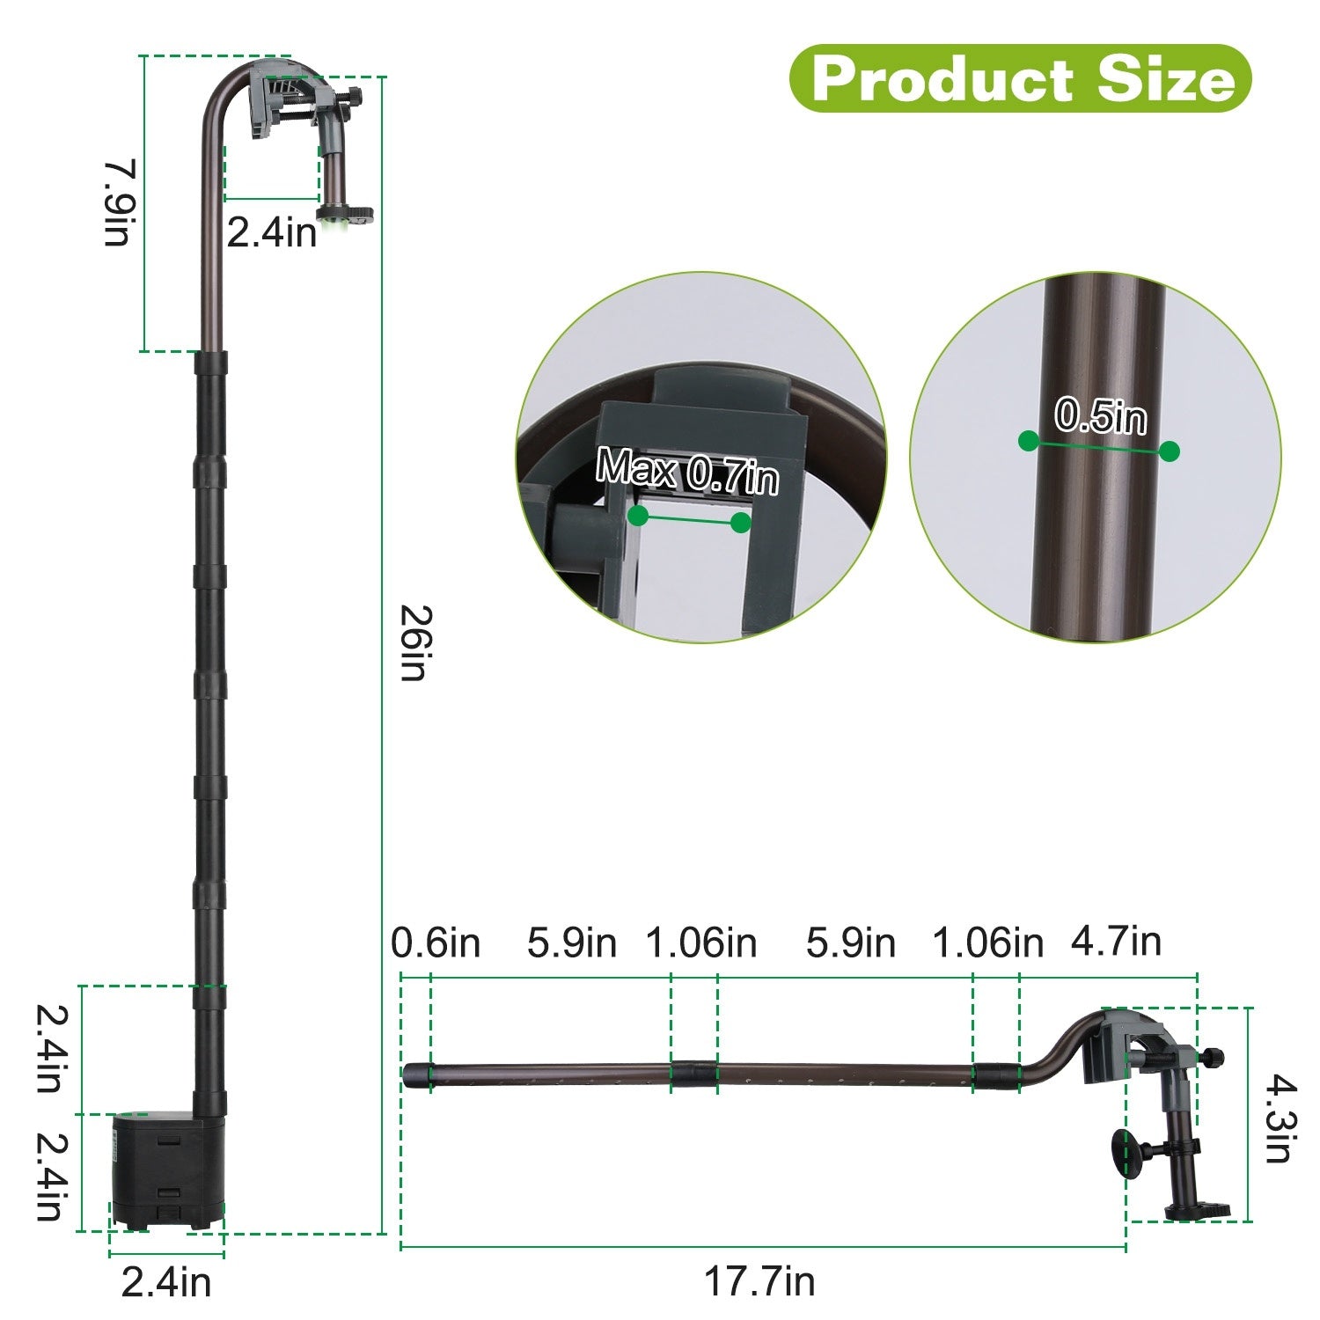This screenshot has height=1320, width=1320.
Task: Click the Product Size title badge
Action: pyautogui.click(x=1020, y=79)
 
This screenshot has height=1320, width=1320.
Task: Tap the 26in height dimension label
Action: pyautogui.click(x=413, y=642)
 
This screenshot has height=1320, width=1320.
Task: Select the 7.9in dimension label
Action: pyautogui.click(x=118, y=202)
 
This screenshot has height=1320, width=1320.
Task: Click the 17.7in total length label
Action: pyautogui.click(x=759, y=1281)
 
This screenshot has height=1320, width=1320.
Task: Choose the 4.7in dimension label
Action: pyautogui.click(x=1116, y=942)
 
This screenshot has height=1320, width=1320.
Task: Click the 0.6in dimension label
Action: pyautogui.click(x=436, y=943)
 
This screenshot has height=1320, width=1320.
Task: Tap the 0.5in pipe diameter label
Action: pyautogui.click(x=1100, y=415)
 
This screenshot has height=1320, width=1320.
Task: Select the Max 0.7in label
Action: pyautogui.click(x=686, y=471)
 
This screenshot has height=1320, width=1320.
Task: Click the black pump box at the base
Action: pyautogui.click(x=167, y=1170)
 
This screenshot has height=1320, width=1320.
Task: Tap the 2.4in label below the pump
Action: pyautogui.click(x=166, y=1283)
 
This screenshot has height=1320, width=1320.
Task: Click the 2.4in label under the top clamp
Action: pyautogui.click(x=272, y=233)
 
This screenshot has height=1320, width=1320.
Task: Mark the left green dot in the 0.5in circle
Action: pyautogui.click(x=1028, y=441)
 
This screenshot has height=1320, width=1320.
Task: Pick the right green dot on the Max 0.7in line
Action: pyautogui.click(x=741, y=523)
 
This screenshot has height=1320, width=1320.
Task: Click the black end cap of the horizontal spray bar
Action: pyautogui.click(x=417, y=1074)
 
